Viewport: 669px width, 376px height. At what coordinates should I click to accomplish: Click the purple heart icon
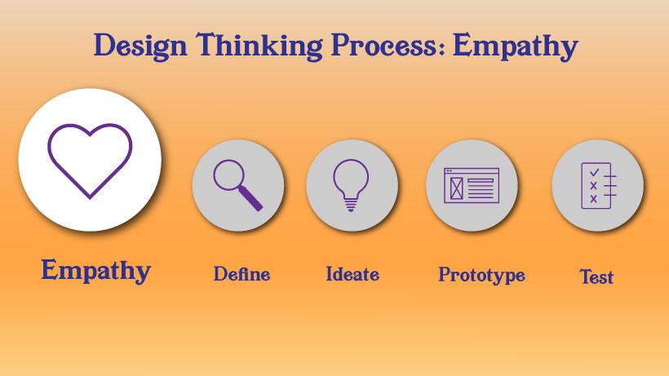point(90,160)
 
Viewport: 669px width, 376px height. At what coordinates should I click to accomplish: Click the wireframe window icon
point(472,185)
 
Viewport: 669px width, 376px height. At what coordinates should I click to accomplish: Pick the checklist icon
point(597,185)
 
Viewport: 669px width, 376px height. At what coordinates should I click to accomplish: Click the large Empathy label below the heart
point(95,270)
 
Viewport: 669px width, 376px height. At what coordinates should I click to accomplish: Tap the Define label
point(241,274)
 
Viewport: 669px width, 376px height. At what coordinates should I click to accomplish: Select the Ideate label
point(352,274)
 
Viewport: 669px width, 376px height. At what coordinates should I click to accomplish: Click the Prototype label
point(481,275)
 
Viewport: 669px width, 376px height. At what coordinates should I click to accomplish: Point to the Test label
point(596,277)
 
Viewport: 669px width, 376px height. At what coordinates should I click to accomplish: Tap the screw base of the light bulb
point(351,206)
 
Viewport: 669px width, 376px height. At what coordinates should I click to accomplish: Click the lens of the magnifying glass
point(229,176)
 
